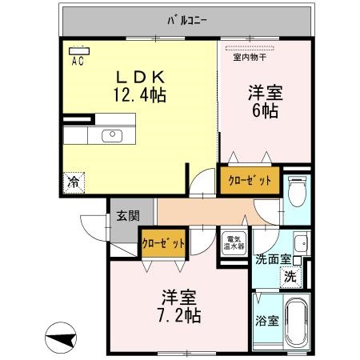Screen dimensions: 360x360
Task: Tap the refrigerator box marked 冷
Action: click(72, 182)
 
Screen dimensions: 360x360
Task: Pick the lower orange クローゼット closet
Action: click(164, 242)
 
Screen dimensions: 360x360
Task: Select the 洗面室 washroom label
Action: click(272, 260)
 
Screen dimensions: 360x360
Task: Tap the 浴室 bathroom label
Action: click(267, 322)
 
